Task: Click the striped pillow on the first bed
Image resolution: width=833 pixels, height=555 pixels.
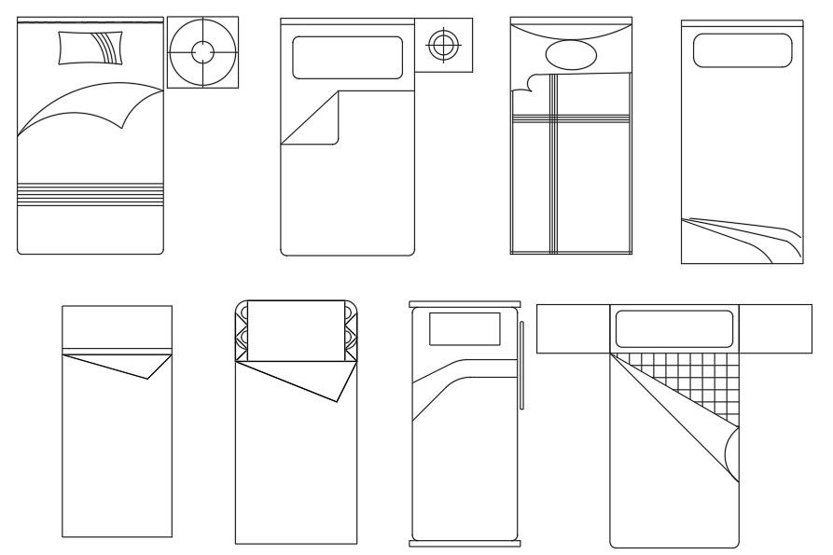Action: (x=90, y=48)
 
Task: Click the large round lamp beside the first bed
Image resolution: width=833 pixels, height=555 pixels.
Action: (x=202, y=52)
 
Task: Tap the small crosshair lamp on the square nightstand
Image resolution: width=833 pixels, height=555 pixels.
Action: (x=444, y=43)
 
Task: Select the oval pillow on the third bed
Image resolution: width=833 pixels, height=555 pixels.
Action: (x=570, y=55)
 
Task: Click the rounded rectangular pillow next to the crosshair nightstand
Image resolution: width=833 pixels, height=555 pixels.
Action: (x=347, y=58)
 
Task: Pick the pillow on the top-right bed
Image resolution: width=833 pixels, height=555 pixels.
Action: (x=743, y=50)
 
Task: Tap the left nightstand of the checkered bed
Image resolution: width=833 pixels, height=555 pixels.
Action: (x=573, y=329)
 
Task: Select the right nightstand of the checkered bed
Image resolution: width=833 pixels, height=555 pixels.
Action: (x=776, y=329)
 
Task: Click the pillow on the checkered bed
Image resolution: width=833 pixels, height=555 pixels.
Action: (x=673, y=328)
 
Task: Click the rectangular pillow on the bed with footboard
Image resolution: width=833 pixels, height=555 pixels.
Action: (x=464, y=329)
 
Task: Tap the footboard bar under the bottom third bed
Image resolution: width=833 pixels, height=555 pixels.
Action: (x=465, y=543)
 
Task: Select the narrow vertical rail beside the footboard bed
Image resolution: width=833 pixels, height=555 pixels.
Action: (x=522, y=364)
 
